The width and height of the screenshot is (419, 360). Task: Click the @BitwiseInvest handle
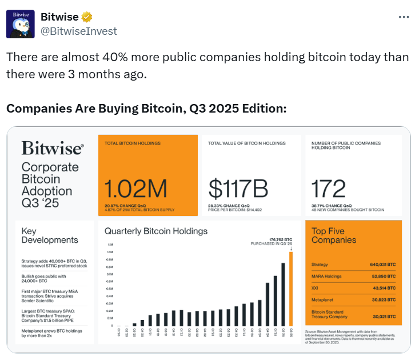point(78,31)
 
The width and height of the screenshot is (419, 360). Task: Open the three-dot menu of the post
point(404,17)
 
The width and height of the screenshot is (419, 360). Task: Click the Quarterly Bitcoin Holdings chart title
point(156,231)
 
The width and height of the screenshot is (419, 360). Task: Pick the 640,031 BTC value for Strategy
point(382,265)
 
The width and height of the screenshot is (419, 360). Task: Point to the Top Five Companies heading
point(334,235)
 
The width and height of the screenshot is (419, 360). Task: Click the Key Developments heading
point(50,235)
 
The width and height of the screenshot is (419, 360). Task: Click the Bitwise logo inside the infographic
point(53,149)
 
